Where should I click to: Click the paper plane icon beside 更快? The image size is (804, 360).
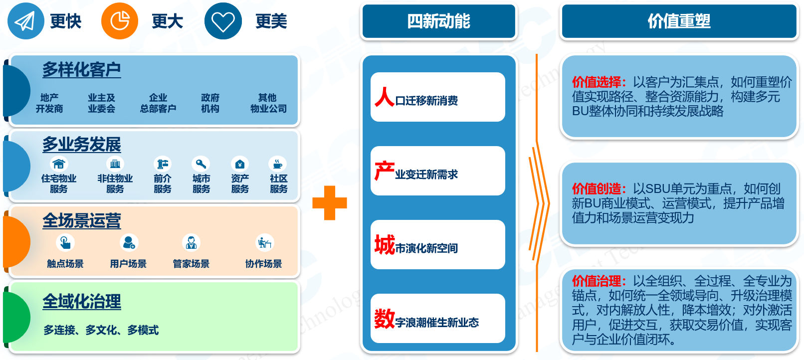(25, 21)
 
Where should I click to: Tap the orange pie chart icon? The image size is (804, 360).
(120, 21)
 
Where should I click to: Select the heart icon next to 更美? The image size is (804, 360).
(223, 21)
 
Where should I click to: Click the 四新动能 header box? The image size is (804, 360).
(438, 21)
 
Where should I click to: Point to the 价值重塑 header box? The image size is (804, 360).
(679, 21)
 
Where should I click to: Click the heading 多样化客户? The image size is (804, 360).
(81, 70)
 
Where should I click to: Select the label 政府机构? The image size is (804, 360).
(210, 103)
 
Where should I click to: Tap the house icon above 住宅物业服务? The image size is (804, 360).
(58, 164)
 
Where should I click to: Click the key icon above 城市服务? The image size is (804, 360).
(201, 164)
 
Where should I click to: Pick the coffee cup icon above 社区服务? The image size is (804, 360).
(278, 164)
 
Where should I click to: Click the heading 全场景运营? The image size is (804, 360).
(81, 220)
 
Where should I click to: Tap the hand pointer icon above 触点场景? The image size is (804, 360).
(65, 243)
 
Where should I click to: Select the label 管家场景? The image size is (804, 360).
(191, 264)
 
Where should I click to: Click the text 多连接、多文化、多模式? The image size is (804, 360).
(101, 330)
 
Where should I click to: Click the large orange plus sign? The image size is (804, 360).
(330, 203)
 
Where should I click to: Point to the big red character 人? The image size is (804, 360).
(385, 97)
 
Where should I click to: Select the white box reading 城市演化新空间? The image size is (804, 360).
(437, 244)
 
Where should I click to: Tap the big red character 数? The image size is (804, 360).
(385, 319)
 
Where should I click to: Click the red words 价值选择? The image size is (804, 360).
(599, 82)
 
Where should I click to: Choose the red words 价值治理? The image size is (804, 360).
(599, 281)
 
